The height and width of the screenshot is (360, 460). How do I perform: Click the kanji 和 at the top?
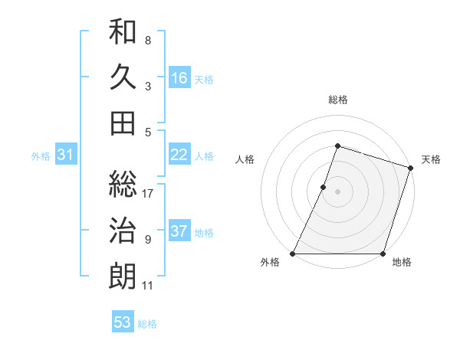(x=123, y=32)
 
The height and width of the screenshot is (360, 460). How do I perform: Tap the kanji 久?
(x=123, y=77)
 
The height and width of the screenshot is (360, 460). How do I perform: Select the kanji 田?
(x=123, y=123)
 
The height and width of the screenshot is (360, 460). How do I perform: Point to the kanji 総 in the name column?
(x=123, y=185)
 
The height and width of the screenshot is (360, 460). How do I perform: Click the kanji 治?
(x=123, y=230)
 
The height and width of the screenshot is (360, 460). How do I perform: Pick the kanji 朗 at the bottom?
(x=123, y=276)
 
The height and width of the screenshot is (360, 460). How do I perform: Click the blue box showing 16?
(x=179, y=78)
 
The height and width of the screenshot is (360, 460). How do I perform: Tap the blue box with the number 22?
(x=179, y=155)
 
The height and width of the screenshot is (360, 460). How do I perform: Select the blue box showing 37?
(x=179, y=231)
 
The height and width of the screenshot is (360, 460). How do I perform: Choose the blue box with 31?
(x=65, y=155)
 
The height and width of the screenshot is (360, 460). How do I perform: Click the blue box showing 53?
(x=123, y=322)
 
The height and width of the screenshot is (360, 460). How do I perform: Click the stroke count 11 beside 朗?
(x=148, y=286)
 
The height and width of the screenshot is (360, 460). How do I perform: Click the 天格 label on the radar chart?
(x=431, y=159)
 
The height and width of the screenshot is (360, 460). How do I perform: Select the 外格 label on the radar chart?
(x=270, y=263)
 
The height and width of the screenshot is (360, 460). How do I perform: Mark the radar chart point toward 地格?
(x=383, y=254)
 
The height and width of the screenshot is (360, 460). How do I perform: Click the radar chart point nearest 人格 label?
(x=324, y=187)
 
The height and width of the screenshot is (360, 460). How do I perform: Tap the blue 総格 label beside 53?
(x=147, y=323)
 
